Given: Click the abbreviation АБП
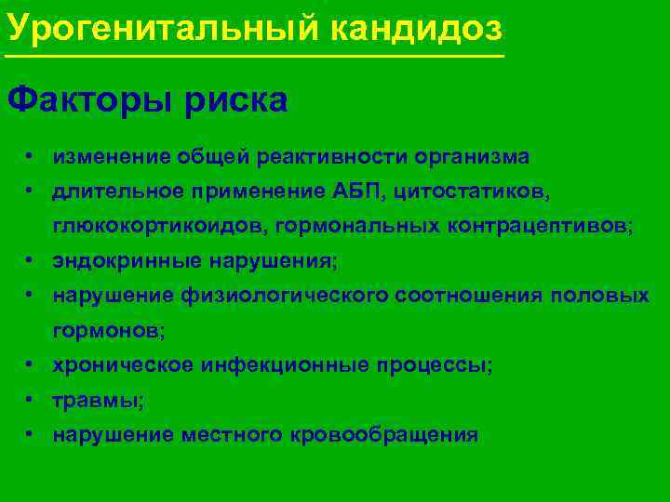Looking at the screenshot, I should click(357, 192).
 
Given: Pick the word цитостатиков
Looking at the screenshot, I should click(472, 192).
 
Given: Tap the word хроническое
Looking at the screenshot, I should click(121, 365).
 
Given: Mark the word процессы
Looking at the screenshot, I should click(434, 365).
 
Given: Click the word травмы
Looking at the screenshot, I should click(96, 400).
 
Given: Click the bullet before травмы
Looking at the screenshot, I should click(31, 399).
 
